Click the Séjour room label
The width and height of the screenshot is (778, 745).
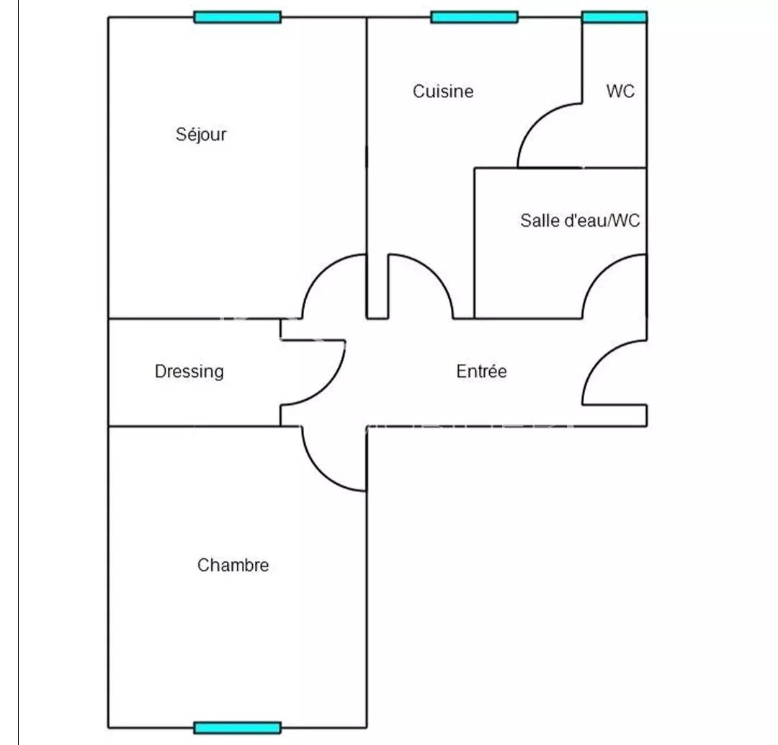tap(201, 134)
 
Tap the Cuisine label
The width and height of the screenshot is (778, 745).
tap(443, 92)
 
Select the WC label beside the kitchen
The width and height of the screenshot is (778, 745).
tap(620, 92)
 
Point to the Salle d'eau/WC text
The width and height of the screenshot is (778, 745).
tap(580, 220)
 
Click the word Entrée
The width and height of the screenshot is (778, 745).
tap(481, 371)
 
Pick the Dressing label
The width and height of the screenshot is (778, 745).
tap(189, 371)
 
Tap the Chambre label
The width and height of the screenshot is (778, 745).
tap(233, 566)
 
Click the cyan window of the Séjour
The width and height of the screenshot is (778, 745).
tap(237, 17)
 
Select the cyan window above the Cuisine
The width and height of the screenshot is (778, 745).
tap(474, 17)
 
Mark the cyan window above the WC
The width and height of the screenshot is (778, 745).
tap(614, 17)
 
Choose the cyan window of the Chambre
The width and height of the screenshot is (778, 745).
tap(237, 728)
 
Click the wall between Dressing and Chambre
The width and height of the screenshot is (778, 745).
tap(194, 427)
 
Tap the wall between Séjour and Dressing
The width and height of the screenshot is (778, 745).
tap(194, 318)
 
